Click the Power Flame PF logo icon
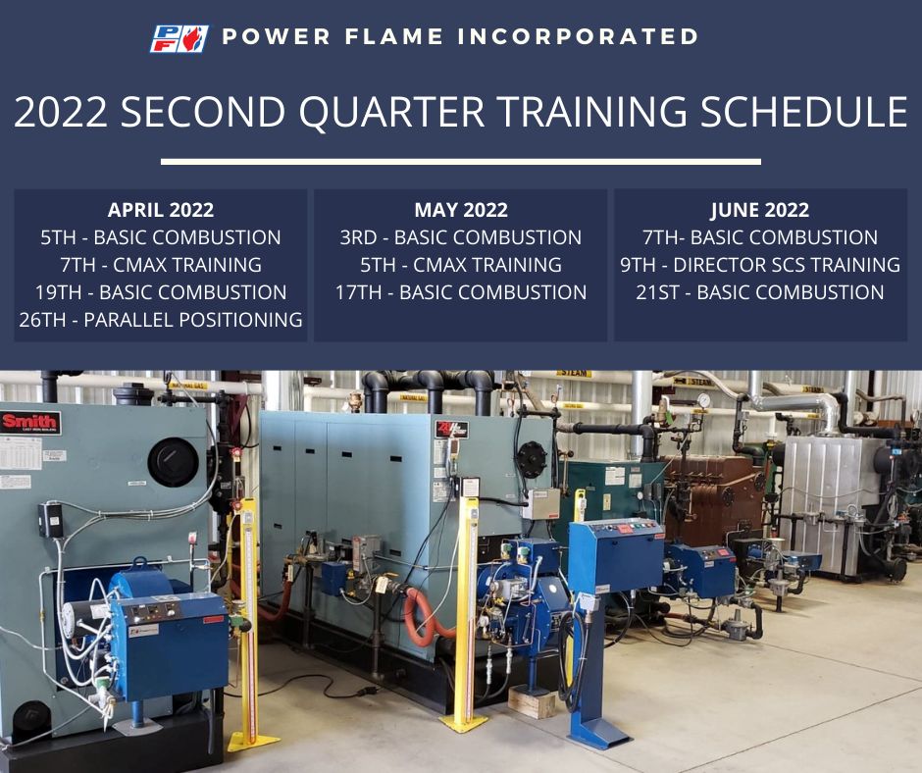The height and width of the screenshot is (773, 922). [x=179, y=38]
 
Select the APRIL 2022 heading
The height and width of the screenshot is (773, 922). [x=161, y=210]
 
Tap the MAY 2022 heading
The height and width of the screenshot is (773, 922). [x=460, y=210]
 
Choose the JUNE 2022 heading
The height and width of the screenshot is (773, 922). [x=760, y=210]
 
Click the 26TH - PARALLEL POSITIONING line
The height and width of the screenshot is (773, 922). [x=161, y=320]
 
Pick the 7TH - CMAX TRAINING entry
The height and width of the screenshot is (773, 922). [x=161, y=265]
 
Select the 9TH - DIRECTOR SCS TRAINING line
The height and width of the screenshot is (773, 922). [x=760, y=265]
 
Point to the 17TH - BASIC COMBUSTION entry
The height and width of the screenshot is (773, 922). [x=460, y=292]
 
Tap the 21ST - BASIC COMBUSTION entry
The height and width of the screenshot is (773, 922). [x=760, y=292]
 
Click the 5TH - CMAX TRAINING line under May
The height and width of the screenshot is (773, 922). [x=460, y=265]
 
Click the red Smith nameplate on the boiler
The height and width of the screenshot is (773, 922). [x=29, y=423]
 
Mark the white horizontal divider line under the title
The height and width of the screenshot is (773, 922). [x=460, y=161]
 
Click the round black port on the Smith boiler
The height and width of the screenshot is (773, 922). [x=173, y=462]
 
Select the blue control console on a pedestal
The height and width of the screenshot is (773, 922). [x=616, y=554]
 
